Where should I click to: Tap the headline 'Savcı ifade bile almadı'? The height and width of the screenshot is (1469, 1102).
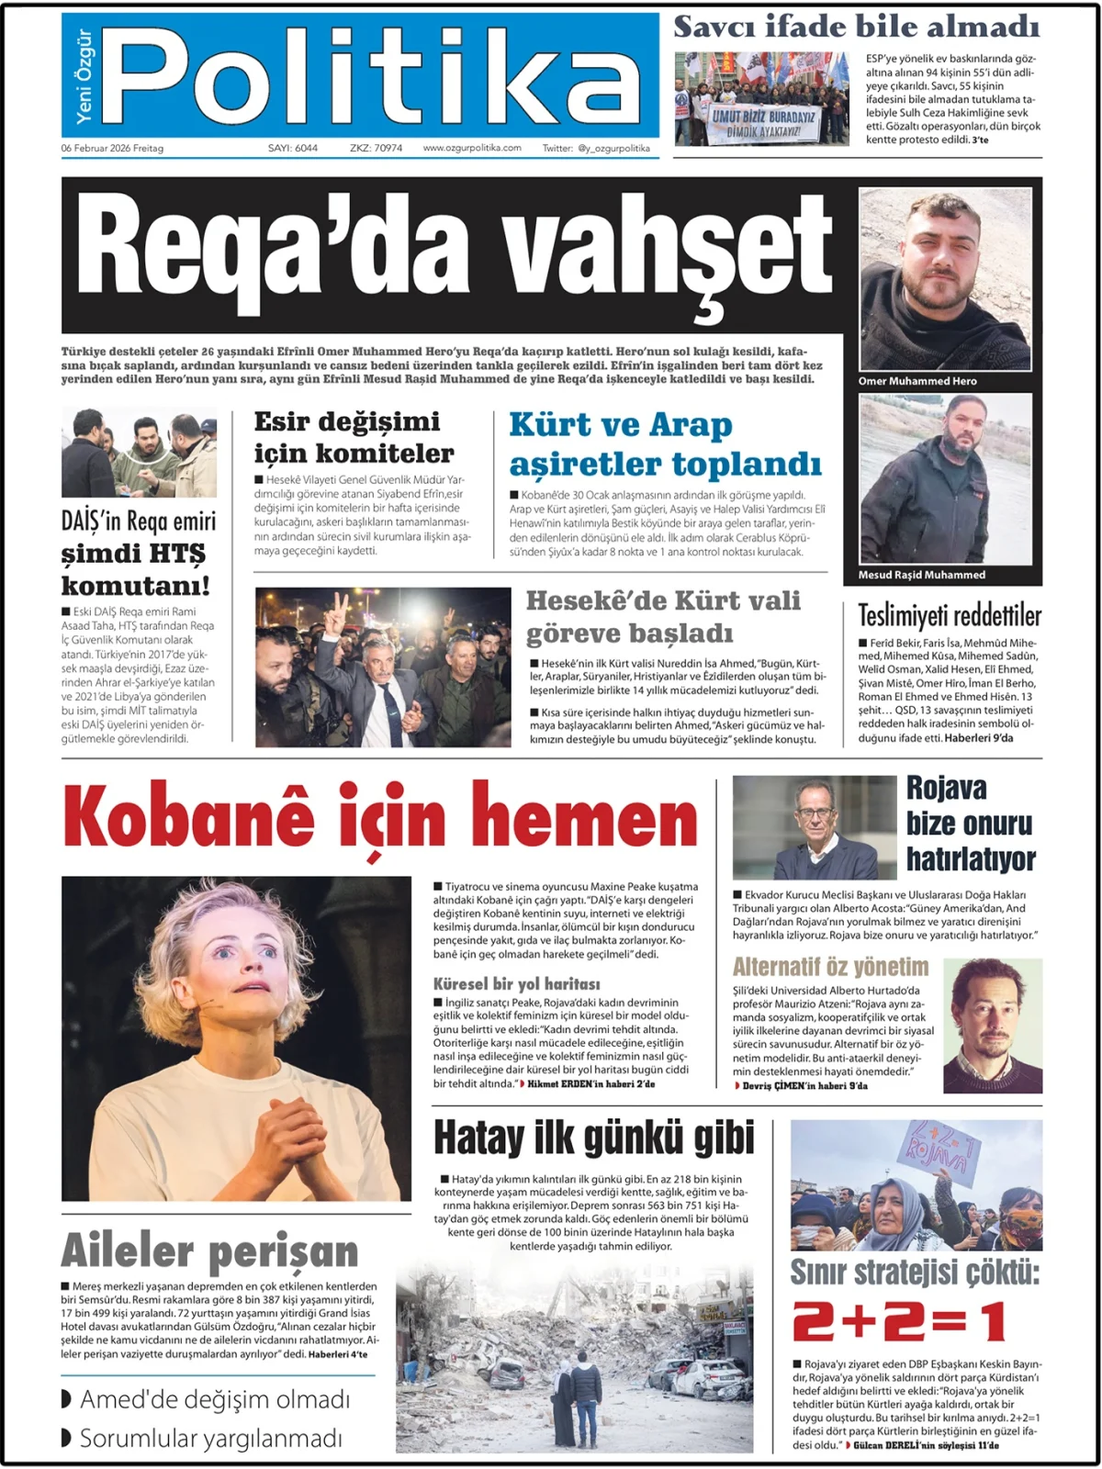pos(856,27)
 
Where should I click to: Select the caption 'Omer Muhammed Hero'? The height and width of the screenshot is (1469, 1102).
pos(917,381)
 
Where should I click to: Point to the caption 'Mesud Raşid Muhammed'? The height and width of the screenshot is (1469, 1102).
pos(921,575)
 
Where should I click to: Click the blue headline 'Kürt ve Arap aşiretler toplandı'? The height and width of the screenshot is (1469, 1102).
pos(665,444)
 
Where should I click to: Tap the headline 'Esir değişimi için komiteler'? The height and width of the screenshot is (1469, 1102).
pos(354,437)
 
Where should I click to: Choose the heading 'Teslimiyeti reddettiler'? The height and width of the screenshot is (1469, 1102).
pos(950,615)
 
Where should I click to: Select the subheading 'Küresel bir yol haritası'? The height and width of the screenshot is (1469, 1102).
pos(516,983)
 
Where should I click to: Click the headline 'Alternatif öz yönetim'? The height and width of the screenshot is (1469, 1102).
pos(830,967)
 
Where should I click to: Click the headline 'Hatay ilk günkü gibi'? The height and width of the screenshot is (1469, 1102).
pos(593,1138)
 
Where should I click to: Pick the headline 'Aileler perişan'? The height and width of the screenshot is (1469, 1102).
pos(209,1251)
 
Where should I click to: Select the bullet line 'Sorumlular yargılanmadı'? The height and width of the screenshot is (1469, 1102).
pos(210,1438)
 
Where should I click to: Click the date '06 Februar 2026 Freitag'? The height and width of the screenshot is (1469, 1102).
pos(112,148)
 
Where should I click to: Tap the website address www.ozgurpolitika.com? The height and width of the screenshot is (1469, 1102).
pos(472,148)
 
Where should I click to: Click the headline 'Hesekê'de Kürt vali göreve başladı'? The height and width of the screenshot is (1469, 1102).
pos(663,617)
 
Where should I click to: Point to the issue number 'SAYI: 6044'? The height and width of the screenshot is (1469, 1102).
pos(293,148)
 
